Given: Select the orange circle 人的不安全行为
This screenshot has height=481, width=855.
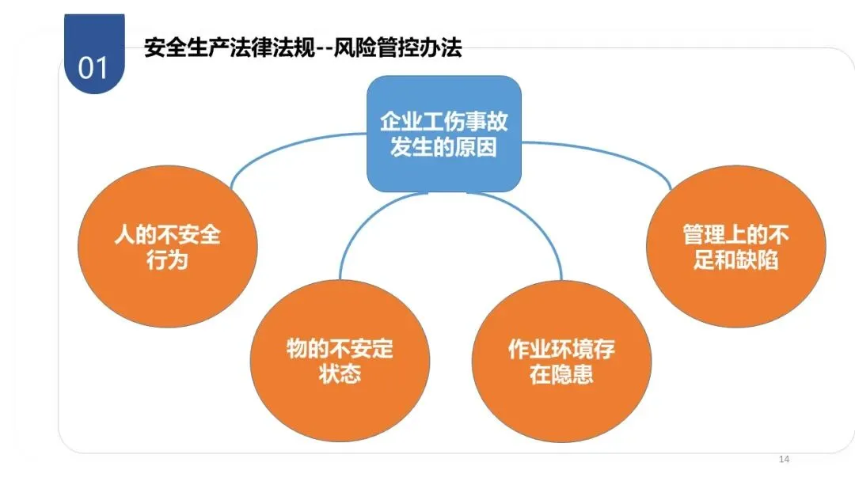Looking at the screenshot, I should [x=167, y=246].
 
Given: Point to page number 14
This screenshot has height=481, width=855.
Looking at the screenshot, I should [x=785, y=460].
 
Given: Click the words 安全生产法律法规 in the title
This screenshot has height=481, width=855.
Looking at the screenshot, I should [x=229, y=47].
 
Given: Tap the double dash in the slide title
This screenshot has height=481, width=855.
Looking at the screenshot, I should [x=331, y=48].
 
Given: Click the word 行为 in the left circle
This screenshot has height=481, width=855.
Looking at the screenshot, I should [x=167, y=259].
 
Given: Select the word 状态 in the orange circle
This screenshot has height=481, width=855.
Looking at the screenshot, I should [x=340, y=373].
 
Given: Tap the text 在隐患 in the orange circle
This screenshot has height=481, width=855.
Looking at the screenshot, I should [x=561, y=373].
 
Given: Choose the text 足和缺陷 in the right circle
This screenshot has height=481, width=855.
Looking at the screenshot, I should [x=736, y=260].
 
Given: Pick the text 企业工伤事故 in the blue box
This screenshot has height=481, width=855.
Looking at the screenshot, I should [x=443, y=121].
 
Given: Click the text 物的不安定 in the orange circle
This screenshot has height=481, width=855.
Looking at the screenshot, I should [x=340, y=349].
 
